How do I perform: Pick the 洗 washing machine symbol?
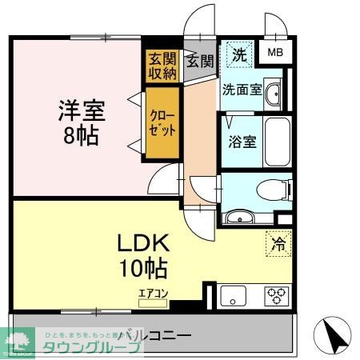click(x=239, y=55)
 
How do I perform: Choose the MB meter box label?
click(x=274, y=54)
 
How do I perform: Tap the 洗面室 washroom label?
click(x=241, y=90)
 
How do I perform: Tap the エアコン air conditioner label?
click(x=153, y=294)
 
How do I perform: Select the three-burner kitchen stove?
click(x=278, y=295)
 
